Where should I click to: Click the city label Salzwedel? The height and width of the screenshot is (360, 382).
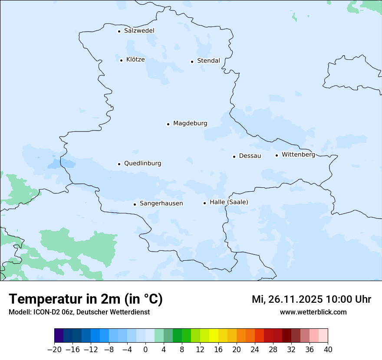[x=139, y=31]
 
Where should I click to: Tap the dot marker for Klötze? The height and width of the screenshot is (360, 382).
[x=121, y=60]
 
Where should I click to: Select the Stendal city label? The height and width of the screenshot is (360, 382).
[x=208, y=61]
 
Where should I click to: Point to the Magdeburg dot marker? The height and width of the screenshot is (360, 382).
[x=168, y=124]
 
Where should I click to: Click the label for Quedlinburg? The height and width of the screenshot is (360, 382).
[x=142, y=164]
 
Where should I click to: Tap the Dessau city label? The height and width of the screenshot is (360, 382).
[x=250, y=156]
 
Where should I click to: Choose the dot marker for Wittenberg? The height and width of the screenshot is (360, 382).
[x=277, y=155]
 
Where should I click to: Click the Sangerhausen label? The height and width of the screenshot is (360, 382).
[x=161, y=203]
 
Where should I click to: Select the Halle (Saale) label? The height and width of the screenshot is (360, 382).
[x=229, y=202]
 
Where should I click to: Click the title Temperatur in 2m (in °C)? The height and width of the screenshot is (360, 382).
[x=86, y=299]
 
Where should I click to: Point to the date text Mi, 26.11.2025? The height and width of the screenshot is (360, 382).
[x=287, y=299]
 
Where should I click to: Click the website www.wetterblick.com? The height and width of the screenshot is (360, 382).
[x=313, y=312]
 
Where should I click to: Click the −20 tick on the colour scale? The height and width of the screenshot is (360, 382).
[x=55, y=349]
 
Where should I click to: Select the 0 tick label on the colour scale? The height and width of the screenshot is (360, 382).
[x=145, y=349]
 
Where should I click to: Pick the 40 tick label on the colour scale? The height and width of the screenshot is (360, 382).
[x=328, y=349]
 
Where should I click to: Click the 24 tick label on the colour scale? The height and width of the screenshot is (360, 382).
[x=255, y=349]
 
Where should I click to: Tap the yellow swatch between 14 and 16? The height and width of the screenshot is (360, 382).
[x=214, y=336]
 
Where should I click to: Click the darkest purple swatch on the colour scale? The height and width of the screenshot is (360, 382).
[x=59, y=336]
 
